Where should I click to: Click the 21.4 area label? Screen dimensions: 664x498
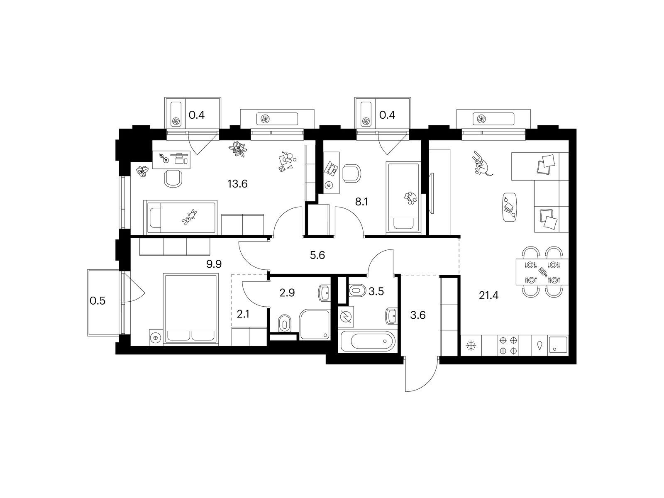[488, 295]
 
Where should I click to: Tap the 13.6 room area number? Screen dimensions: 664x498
[237, 183]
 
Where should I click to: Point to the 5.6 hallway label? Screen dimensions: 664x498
[317, 256]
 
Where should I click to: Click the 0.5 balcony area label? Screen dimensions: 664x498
[98, 301]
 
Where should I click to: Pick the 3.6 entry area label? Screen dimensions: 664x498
[418, 315]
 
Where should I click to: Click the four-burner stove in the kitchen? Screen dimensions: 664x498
[508, 346]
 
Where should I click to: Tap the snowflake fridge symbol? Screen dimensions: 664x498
[471, 346]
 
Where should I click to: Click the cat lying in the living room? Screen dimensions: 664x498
[481, 164]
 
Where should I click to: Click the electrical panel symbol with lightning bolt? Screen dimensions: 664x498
[346, 317]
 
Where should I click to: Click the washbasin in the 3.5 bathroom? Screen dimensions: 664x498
[391, 316]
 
